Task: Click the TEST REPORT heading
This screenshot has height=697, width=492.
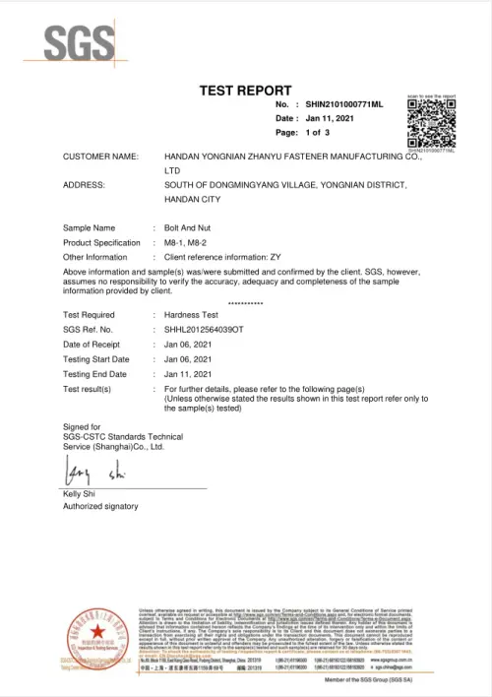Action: tap(245, 91)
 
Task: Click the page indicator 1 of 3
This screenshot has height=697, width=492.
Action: tap(317, 132)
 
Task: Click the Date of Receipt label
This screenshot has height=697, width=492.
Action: tap(95, 344)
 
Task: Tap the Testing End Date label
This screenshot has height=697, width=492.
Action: tap(95, 374)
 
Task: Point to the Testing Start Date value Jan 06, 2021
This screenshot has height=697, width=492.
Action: tap(188, 359)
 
